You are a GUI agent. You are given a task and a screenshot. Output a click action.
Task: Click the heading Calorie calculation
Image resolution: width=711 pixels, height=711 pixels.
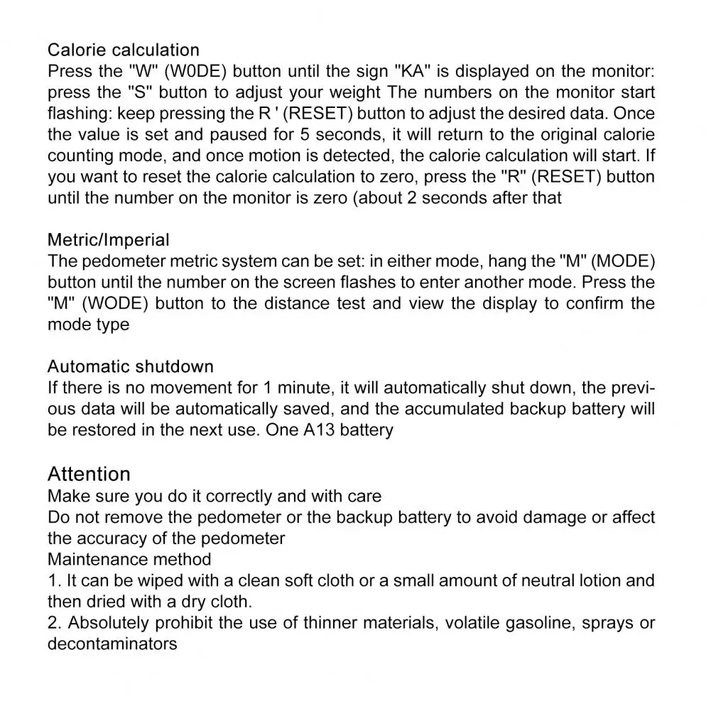pos(123,50)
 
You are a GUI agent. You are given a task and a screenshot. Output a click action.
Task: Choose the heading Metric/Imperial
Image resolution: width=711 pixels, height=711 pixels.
pos(108,240)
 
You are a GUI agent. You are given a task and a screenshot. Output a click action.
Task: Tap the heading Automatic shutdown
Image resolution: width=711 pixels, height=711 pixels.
pos(130,367)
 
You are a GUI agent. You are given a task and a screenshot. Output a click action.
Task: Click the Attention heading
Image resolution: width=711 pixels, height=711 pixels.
pos(89,474)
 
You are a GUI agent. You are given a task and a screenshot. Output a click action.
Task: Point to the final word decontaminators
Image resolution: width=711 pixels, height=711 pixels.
pos(112,644)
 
